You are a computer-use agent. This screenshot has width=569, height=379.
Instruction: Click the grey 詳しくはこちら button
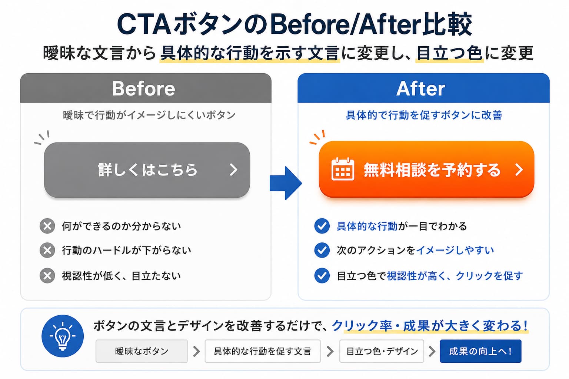pos(147,170)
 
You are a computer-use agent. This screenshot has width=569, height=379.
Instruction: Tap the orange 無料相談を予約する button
pos(426,169)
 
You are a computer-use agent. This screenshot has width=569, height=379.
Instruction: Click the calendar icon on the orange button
pos(343,169)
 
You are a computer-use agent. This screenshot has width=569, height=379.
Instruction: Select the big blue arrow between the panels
pos(286,183)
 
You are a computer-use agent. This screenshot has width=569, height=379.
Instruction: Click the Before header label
pos(144,88)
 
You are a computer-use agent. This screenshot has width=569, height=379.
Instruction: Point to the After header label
pos(421,88)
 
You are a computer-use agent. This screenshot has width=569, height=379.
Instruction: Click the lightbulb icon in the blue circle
pos(63,336)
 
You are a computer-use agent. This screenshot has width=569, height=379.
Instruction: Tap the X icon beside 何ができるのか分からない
pos(47,226)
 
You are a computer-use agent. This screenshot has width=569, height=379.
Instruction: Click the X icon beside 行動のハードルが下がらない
pos(47,250)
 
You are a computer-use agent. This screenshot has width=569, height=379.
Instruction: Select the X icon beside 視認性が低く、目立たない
pos(47,276)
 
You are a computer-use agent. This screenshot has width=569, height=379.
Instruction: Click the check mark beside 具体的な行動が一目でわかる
pos(322,226)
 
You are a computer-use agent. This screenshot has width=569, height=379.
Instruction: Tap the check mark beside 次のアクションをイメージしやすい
pos(322,250)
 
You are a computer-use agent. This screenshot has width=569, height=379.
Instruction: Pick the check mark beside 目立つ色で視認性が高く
pos(322,276)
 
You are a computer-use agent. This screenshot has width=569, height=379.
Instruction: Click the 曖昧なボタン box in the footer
pos(142,351)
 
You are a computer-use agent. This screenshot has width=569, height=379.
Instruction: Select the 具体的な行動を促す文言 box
pos(263,351)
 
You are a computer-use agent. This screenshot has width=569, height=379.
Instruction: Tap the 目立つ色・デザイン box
pos(382,351)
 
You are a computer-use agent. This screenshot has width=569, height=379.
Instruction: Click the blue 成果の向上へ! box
pos(480,351)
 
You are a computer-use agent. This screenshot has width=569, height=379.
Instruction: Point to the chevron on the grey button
pos(233,170)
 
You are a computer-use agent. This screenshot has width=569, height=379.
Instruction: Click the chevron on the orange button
pos(519,170)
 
